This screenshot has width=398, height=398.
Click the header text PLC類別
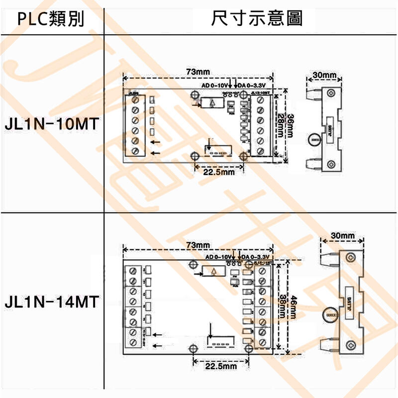click(x=51, y=19)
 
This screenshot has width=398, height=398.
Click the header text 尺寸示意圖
click(x=257, y=19)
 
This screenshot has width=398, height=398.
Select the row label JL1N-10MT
click(x=51, y=123)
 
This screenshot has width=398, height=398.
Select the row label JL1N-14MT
click(x=51, y=302)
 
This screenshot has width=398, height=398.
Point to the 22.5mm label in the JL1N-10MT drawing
click(x=219, y=172)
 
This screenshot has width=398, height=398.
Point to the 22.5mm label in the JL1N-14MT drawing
click(x=219, y=366)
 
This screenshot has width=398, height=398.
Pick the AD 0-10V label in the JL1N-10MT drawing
click(x=214, y=85)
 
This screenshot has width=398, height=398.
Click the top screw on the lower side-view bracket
click(x=351, y=257)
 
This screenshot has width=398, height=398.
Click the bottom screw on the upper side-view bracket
click(x=331, y=163)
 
